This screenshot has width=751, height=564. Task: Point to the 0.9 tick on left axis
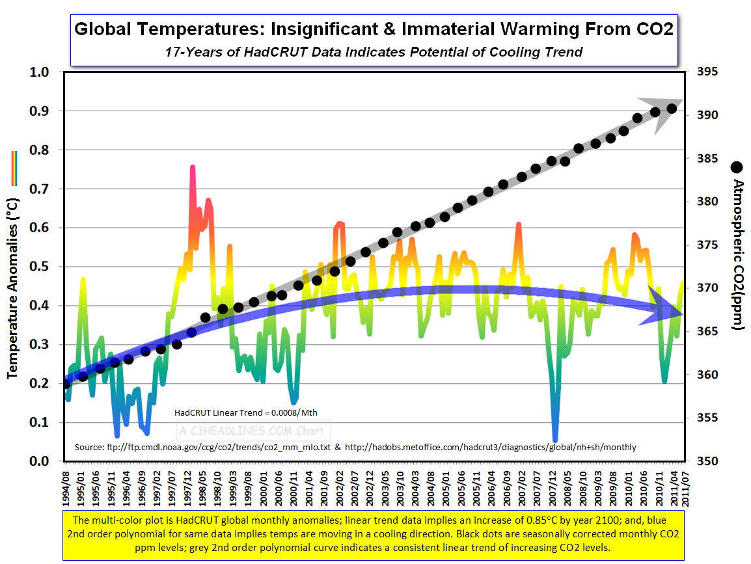pos(39,111)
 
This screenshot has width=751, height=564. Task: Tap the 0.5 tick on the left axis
pos(39,267)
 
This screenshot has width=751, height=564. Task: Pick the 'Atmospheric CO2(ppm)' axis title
pos(737,254)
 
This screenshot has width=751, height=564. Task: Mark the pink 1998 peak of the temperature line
pos(193,168)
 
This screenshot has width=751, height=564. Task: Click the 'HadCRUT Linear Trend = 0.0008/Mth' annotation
pos(246,412)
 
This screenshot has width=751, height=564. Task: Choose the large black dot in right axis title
pos(737,167)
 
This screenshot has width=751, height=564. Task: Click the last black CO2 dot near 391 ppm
pos(671,109)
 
